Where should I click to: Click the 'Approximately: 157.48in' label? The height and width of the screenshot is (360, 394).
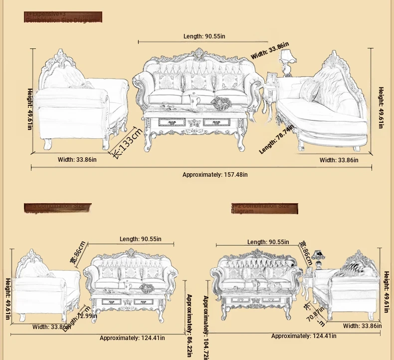tap(215, 175)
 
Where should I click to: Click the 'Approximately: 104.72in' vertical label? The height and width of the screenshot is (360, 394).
tap(205, 327)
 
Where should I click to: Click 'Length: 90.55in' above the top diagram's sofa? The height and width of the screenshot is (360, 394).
tap(204, 36)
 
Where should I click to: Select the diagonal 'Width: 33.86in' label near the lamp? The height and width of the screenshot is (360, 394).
tap(270, 50)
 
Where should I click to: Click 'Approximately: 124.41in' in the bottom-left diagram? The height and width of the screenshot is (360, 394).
tap(132, 338)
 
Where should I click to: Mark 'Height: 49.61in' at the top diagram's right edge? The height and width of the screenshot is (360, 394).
tap(381, 107)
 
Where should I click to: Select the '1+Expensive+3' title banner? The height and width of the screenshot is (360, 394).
tap(63, 17)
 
